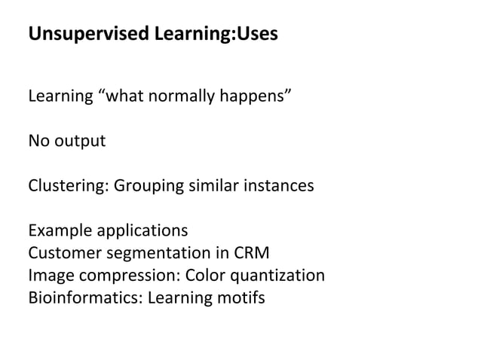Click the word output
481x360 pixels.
(x=79, y=141)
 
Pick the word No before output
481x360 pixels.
(x=38, y=141)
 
